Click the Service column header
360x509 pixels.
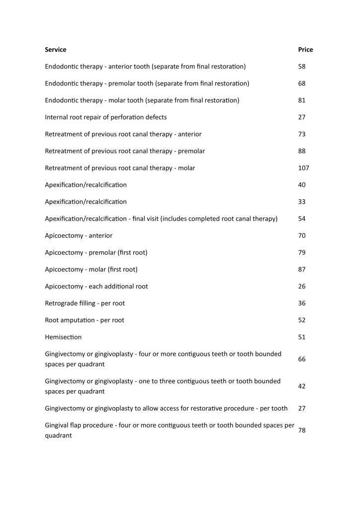(x=55, y=50)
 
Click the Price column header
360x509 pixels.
(x=305, y=50)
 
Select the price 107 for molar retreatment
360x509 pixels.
(x=303, y=168)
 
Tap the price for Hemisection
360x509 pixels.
(x=302, y=337)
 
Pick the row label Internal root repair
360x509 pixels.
(x=105, y=117)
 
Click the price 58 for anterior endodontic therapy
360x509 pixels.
(x=302, y=67)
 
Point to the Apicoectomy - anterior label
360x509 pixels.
(x=79, y=236)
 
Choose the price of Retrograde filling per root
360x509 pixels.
(x=302, y=303)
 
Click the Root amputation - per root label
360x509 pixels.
(x=85, y=320)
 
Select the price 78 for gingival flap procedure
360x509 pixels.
(x=302, y=430)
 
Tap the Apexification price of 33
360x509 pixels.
(x=302, y=202)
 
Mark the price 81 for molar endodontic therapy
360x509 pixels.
(x=302, y=100)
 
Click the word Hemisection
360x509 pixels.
(x=63, y=337)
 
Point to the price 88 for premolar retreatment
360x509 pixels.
(x=302, y=151)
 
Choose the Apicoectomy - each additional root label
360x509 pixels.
(x=96, y=286)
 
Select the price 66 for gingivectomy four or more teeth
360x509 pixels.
(x=302, y=359)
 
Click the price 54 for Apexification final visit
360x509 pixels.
(x=302, y=219)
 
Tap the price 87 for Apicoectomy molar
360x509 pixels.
(x=302, y=269)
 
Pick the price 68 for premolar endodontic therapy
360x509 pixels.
(x=302, y=84)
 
